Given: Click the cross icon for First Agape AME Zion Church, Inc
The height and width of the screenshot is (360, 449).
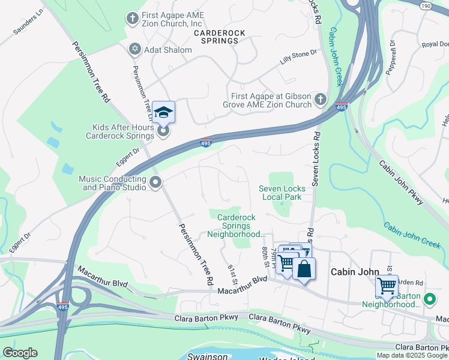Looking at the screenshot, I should coord(132,19).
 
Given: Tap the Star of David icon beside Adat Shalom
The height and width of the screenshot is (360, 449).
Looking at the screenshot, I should coord(134,49).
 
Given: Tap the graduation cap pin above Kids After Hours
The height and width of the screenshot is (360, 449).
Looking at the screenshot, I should coord(163,112).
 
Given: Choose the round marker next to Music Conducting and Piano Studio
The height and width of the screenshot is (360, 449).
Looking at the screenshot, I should coord(155,183).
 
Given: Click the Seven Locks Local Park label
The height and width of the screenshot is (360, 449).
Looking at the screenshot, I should coord(282,193).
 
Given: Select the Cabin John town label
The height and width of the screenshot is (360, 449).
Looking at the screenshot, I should coord(356,272).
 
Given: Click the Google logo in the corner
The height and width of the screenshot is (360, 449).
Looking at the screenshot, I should coord(20,352).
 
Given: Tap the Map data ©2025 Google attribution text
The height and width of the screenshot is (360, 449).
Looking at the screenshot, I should coord(412,355).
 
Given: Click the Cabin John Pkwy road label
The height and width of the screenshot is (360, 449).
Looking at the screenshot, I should coord(400,181).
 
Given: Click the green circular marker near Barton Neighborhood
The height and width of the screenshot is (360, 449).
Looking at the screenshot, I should coord(430,298).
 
